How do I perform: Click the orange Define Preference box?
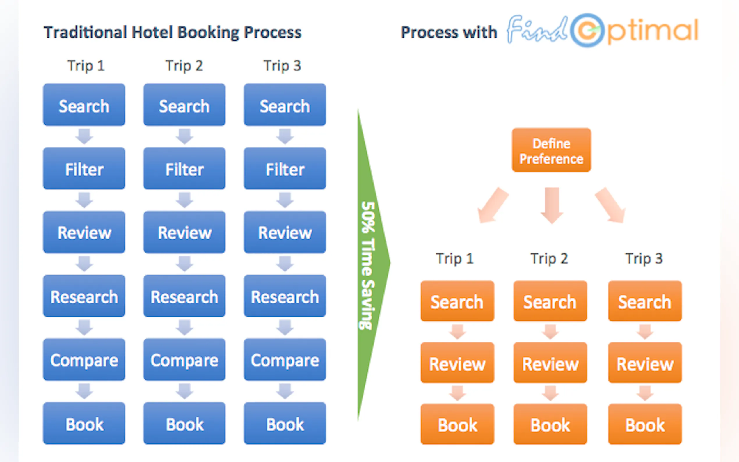tap(551, 150)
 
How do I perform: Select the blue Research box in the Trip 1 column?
tap(84, 296)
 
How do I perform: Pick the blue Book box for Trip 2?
tap(184, 423)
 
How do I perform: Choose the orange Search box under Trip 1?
tap(457, 301)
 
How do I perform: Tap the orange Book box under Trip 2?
tap(550, 424)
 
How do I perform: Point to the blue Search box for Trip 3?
tap(285, 105)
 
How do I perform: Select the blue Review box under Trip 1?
tap(84, 232)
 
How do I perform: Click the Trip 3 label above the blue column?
tap(282, 66)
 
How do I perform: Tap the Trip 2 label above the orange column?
tap(549, 259)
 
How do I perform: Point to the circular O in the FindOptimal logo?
tap(587, 30)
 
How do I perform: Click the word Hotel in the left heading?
tap(152, 32)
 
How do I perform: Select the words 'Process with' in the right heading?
tap(448, 32)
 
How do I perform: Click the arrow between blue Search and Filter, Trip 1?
tap(84, 136)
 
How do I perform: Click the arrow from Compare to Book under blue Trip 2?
tap(184, 391)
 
